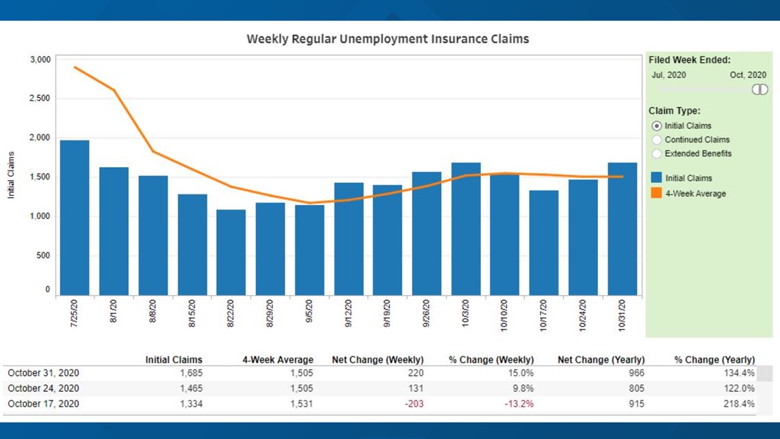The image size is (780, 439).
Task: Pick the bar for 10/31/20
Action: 622,229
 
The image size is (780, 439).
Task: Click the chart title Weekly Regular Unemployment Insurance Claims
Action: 387,39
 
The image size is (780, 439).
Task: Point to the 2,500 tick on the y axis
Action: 40,99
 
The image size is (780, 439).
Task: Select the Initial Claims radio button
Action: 657,126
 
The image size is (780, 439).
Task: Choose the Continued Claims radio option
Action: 657,140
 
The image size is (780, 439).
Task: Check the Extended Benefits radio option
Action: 657,153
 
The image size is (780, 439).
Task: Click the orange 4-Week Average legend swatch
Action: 656,193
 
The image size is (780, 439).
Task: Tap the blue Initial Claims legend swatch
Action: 656,178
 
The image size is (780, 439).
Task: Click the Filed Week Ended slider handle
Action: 759,90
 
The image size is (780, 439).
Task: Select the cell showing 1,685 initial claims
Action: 190,373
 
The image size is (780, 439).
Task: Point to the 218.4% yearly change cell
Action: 739,403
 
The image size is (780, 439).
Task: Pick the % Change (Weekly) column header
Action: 491,360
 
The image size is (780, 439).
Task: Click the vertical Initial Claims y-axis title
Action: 11,175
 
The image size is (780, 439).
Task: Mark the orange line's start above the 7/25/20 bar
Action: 75,67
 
